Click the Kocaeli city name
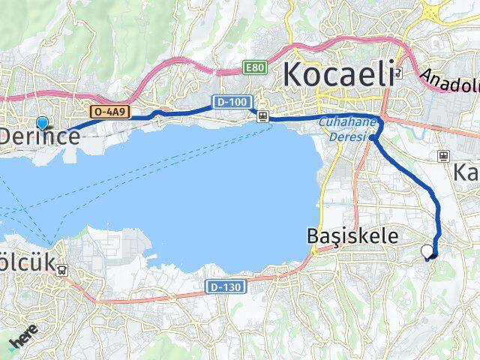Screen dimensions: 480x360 [338, 76]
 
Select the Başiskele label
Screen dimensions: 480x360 [352, 235]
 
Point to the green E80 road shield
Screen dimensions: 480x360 [254, 68]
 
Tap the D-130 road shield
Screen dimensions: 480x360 [223, 286]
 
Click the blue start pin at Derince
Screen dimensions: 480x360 [42, 123]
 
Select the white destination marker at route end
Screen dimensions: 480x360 [428, 251]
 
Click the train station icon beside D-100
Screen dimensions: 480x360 [262, 115]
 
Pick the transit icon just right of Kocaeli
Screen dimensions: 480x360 [399, 75]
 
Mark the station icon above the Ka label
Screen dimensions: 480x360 [444, 156]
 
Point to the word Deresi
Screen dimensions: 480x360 [348, 137]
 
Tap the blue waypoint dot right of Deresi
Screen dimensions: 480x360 [373, 137]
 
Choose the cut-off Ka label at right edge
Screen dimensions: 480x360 [465, 173]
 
